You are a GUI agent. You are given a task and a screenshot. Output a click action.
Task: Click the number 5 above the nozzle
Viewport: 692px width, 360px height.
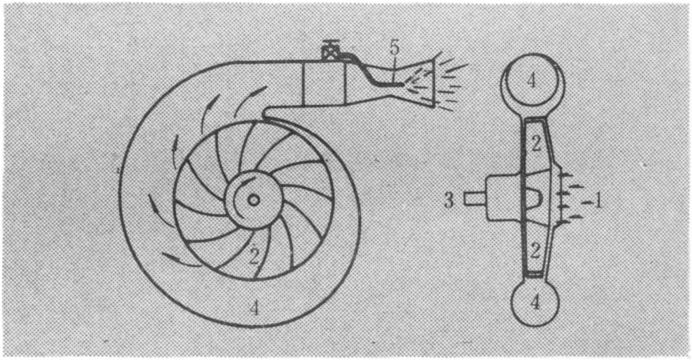point(393,48)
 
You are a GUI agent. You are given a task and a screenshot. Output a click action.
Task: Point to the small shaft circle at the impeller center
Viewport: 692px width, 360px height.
point(254,201)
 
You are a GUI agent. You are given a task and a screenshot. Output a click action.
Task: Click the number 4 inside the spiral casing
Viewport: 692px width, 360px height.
point(254,309)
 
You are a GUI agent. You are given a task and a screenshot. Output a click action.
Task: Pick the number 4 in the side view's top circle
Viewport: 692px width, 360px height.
point(532,81)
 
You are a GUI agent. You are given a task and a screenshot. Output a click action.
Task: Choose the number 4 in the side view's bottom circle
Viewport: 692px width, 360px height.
point(535,302)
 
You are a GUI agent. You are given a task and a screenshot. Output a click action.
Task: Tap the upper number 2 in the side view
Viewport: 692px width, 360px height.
point(536,144)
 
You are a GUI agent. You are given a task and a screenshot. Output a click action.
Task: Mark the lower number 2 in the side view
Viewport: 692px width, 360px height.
point(535,250)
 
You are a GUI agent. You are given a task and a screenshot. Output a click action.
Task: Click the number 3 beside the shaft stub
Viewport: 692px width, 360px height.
point(449,201)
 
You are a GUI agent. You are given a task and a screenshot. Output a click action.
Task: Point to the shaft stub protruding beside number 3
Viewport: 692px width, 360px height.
point(475,200)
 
